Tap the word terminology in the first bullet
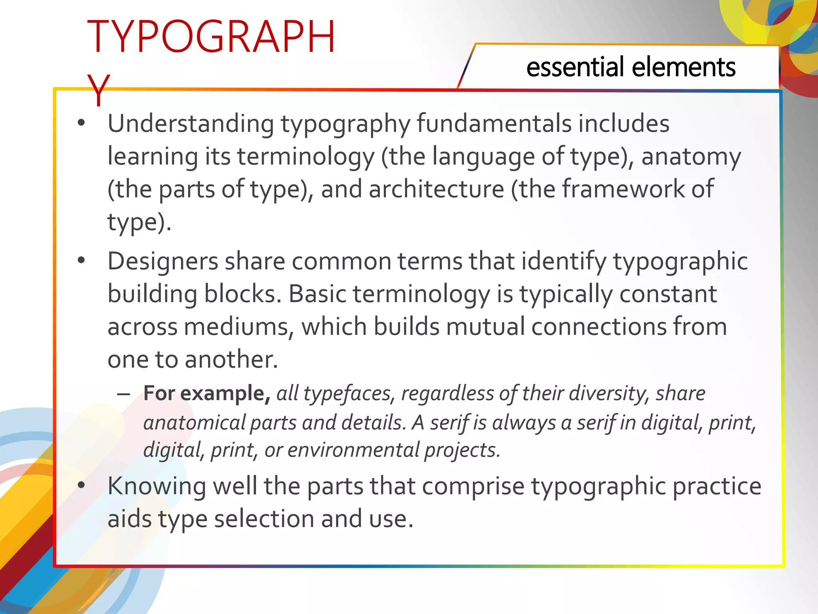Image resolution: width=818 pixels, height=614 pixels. tap(306, 157)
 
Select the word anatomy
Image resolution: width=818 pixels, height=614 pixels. tap(691, 157)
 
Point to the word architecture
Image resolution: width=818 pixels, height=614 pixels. tap(436, 189)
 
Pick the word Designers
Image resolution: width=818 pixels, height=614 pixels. tap(163, 262)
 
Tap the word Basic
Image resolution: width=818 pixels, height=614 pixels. tap(318, 295)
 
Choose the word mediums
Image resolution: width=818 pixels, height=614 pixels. tap(238, 327)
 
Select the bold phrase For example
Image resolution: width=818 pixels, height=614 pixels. tap(207, 394)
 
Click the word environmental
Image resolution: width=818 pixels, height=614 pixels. tap(353, 451)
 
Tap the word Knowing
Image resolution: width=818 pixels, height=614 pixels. tap(157, 487)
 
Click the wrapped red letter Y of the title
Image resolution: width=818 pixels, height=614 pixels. tap(98, 90)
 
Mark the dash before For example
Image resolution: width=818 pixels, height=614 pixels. tap(123, 395)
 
